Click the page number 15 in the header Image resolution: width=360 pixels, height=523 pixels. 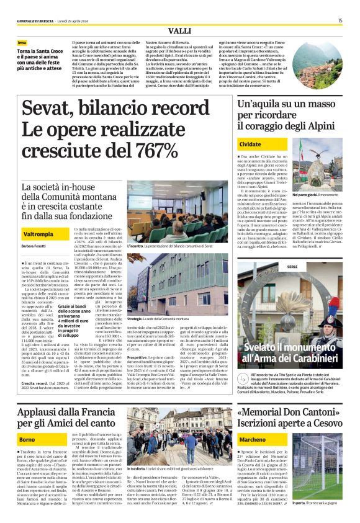pyautogui.click(x=340, y=20)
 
